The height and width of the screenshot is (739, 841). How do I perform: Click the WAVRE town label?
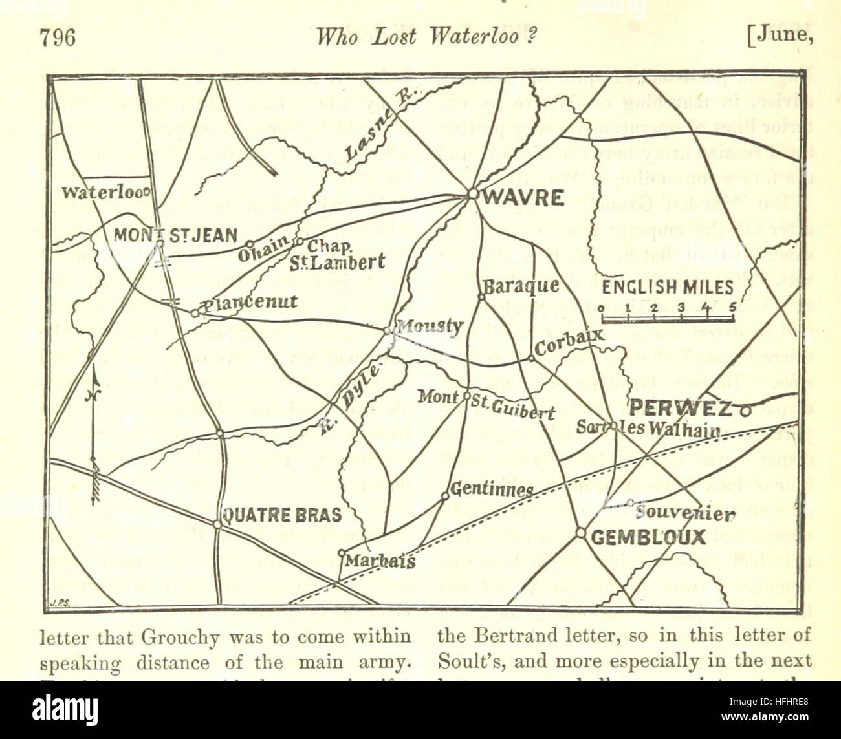(523, 198)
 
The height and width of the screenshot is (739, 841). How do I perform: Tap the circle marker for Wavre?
(473, 193)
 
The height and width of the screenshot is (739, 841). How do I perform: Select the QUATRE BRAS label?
(281, 515)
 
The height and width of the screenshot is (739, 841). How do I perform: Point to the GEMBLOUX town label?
(648, 537)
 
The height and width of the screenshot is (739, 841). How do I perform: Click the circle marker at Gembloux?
(580, 533)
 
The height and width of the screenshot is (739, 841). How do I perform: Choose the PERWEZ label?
(681, 409)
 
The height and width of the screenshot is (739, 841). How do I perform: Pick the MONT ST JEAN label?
(175, 235)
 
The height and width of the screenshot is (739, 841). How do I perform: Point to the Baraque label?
(521, 284)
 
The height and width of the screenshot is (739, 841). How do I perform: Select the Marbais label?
(379, 561)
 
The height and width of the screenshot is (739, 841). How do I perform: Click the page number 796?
(58, 37)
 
